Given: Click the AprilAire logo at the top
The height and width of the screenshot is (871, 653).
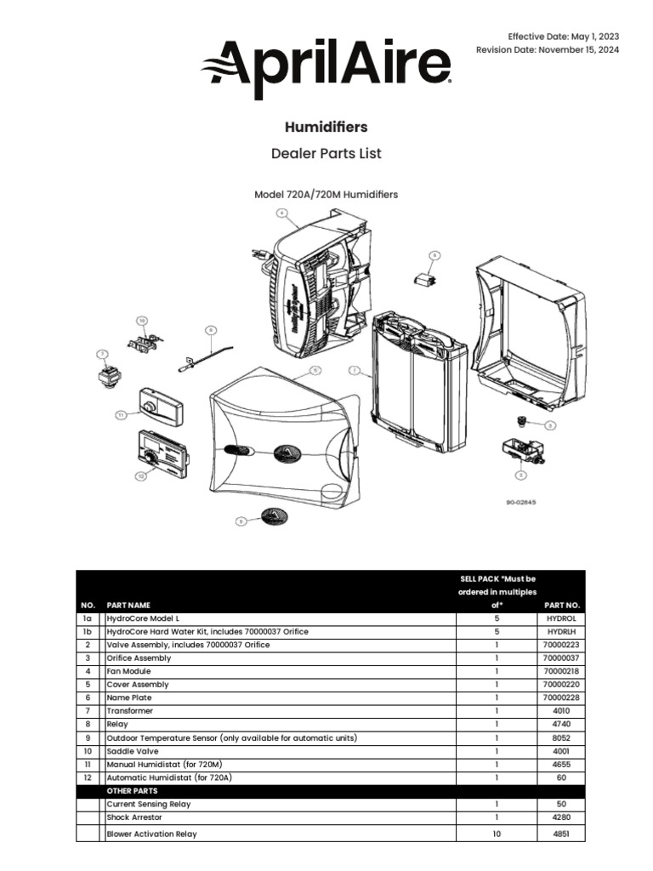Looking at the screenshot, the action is pyautogui.click(x=326, y=65).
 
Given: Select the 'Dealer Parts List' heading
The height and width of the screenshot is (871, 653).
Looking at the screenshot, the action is pyautogui.click(x=326, y=154).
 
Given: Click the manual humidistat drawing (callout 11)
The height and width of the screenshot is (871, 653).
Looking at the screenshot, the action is pyautogui.click(x=160, y=407).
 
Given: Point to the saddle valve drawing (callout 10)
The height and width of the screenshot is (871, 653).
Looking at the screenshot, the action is pyautogui.click(x=145, y=342).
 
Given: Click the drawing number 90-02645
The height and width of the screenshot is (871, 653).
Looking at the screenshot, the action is pyautogui.click(x=523, y=502).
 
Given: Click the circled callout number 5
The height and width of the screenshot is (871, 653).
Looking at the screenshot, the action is pyautogui.click(x=315, y=370).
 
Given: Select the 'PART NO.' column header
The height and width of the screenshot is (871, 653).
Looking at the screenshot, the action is pyautogui.click(x=561, y=605).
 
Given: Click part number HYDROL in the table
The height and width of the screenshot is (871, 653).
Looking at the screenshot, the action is pyautogui.click(x=561, y=618).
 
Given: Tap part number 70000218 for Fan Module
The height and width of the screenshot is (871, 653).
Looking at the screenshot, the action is pyautogui.click(x=561, y=671).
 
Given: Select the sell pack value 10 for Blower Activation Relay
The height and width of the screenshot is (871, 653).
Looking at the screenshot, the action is pyautogui.click(x=497, y=834).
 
